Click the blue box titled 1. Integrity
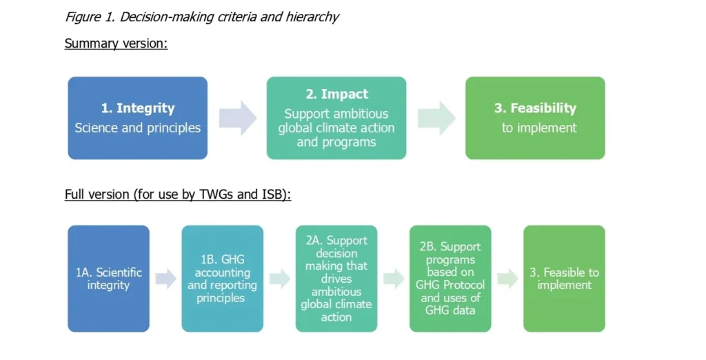(137, 118)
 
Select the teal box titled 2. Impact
(336, 118)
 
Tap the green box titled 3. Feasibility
(535, 118)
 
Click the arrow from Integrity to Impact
(237, 118)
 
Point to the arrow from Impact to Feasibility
(436, 118)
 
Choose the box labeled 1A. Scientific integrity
(108, 279)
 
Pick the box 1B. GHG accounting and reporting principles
(222, 279)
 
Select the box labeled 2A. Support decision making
(336, 279)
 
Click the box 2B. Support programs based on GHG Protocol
(450, 279)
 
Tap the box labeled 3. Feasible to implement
(564, 279)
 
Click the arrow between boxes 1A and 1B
(165, 279)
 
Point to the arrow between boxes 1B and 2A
(279, 279)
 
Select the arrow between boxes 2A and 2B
(393, 279)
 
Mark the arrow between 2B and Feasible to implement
(507, 279)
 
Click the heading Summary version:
(116, 43)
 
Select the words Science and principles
(137, 128)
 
